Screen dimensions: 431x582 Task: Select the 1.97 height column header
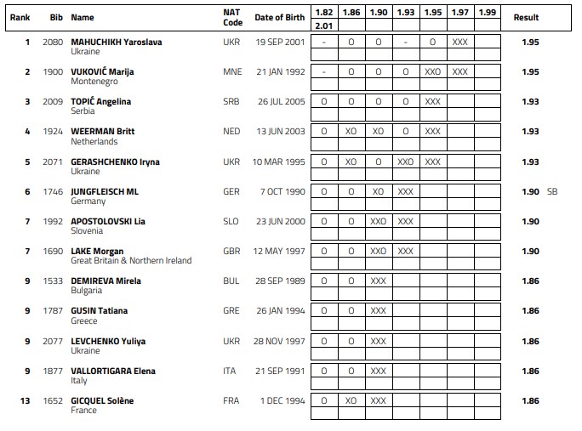[x=460, y=13]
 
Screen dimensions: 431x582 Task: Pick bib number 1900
[x=52, y=71]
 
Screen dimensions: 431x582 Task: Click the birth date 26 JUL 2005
[x=279, y=101]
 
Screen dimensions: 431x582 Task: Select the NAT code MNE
[x=231, y=71]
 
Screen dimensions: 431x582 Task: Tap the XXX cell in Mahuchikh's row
[x=460, y=42]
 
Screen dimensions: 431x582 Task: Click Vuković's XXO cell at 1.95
[x=433, y=71]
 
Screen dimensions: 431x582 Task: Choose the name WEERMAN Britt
[x=103, y=132]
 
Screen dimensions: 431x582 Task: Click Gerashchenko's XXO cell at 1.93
[x=406, y=162]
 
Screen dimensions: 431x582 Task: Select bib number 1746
[x=52, y=191]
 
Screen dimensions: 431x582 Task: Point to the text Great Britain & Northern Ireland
[x=132, y=261]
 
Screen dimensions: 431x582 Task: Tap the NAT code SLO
[x=231, y=221]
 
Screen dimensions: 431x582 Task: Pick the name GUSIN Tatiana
[x=100, y=311]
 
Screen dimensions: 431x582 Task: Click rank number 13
[x=27, y=400]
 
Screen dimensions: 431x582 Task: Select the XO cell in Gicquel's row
[x=351, y=400]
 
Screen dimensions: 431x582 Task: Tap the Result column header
[x=527, y=18]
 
